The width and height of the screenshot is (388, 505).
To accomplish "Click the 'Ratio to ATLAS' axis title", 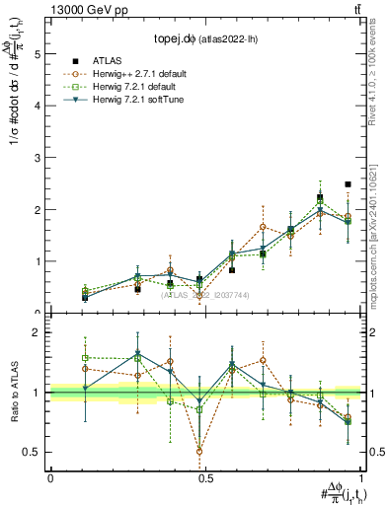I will [x=13, y=392].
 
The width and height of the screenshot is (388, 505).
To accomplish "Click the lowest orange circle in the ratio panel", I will [x=199, y=452].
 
